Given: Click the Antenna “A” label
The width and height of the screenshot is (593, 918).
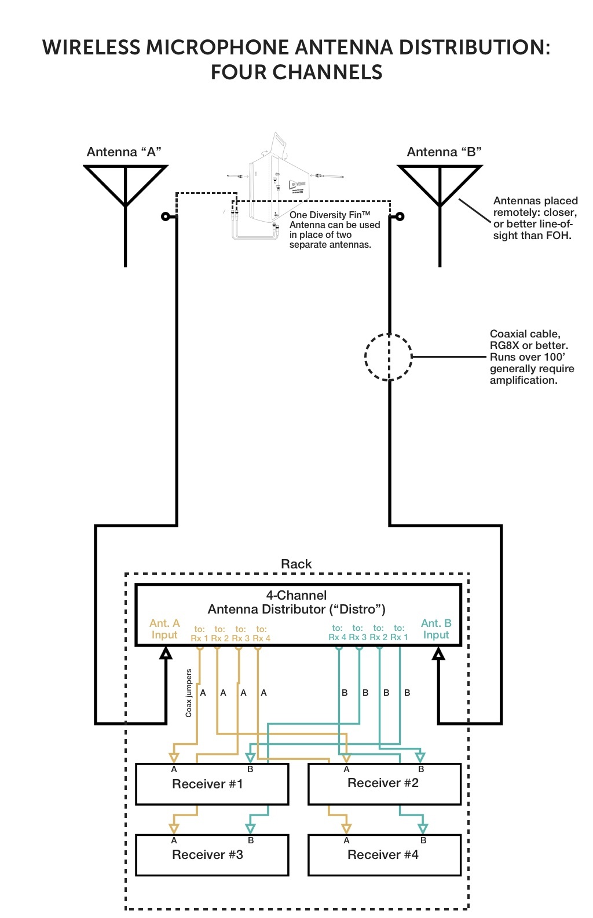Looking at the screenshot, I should (x=124, y=152).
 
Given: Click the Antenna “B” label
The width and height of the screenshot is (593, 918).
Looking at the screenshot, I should (x=444, y=152).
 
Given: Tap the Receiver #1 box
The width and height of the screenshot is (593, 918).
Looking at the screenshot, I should (x=211, y=784).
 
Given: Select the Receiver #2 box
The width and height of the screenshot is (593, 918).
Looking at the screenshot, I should (x=384, y=784).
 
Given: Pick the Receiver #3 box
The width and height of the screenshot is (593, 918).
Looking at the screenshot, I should (x=211, y=855).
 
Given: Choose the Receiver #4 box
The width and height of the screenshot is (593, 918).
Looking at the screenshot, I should (x=384, y=855).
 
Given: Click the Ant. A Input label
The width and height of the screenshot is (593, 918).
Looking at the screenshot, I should (x=164, y=629).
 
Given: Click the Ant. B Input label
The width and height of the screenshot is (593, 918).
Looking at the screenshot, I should (x=436, y=629).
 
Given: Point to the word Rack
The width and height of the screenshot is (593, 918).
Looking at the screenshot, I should (x=296, y=564).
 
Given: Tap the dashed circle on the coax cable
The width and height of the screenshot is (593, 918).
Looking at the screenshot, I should (x=389, y=357).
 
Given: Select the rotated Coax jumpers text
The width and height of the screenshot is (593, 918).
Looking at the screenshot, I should (x=189, y=693).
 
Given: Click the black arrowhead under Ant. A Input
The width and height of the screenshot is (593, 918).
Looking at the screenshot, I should (x=166, y=653).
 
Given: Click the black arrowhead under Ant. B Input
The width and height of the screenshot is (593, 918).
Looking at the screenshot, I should (x=438, y=653).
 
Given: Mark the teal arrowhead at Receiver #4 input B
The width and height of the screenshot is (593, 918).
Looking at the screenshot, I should (x=423, y=828).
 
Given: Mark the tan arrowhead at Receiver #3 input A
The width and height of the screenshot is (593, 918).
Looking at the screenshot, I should (x=174, y=828).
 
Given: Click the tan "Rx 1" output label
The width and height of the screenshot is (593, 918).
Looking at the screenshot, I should (x=199, y=638).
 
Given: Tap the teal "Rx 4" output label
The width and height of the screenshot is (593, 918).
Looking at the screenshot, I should (x=337, y=637).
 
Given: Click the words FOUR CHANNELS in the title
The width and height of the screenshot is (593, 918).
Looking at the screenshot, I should (x=296, y=72).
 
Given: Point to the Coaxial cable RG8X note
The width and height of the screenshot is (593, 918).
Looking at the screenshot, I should (x=532, y=357).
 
